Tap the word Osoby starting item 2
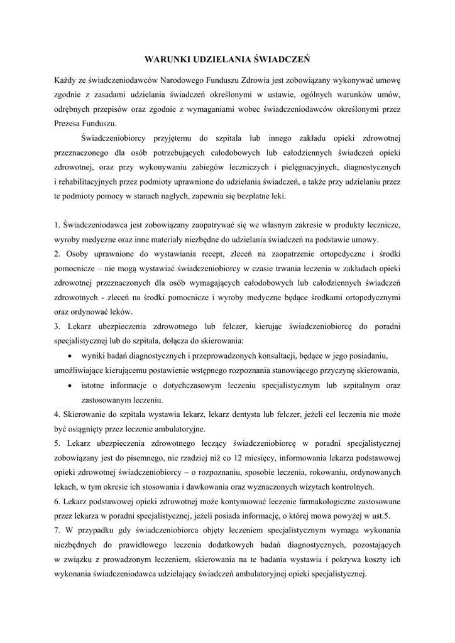coord(77,254)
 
